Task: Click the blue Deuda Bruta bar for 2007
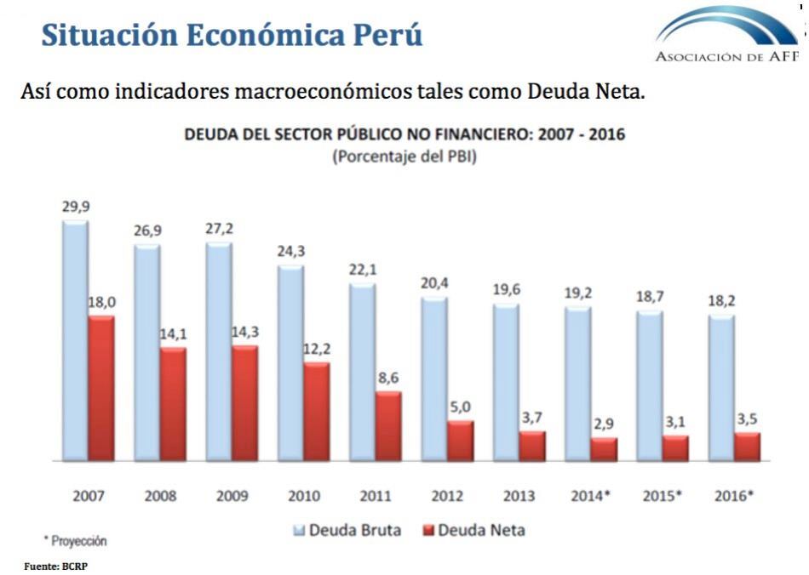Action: (x=75, y=340)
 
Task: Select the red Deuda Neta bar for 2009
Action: (x=245, y=403)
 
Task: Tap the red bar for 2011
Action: (x=388, y=426)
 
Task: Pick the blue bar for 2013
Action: (x=506, y=382)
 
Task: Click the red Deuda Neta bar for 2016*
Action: (x=747, y=447)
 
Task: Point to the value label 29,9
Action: (x=75, y=207)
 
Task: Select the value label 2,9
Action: (x=604, y=424)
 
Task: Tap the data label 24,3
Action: (x=290, y=252)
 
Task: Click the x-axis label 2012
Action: (x=447, y=495)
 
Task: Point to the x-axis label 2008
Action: (x=159, y=495)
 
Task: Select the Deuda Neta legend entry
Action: (x=474, y=531)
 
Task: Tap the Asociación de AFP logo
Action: (x=728, y=34)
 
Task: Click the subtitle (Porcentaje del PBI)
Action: (x=404, y=157)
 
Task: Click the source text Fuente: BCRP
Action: (x=55, y=565)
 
